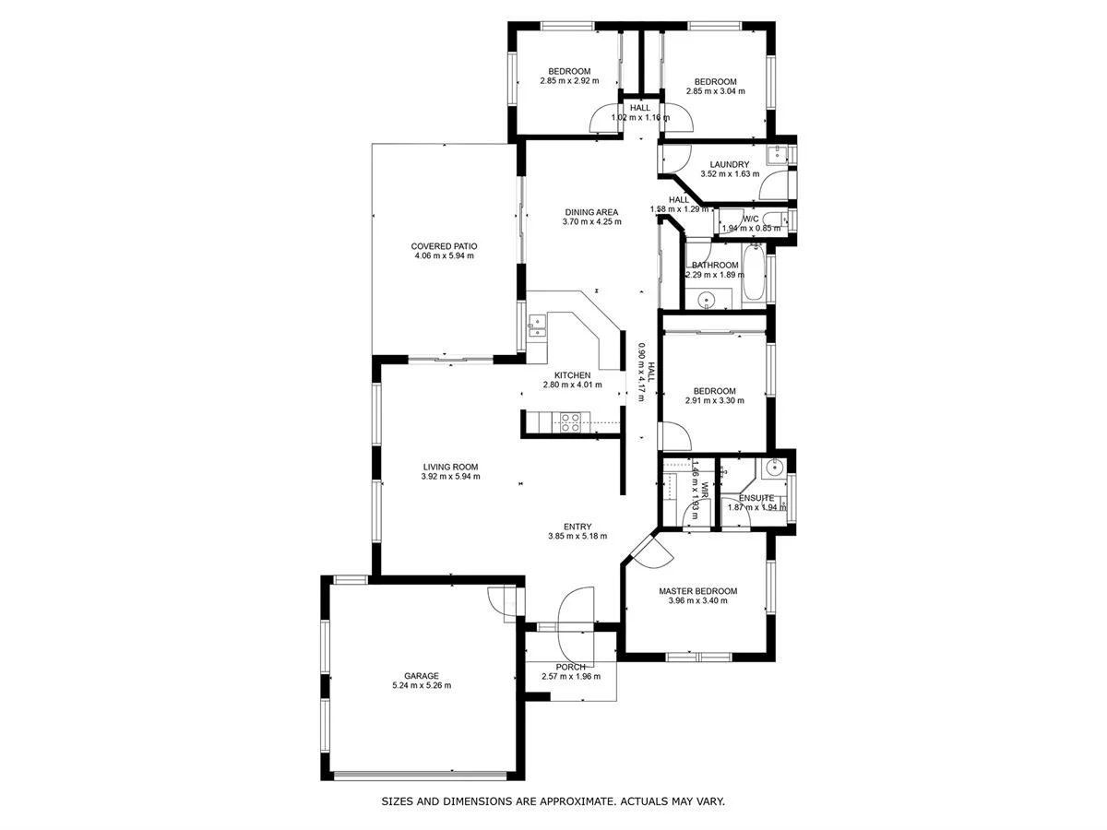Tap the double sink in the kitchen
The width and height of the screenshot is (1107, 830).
point(536,325)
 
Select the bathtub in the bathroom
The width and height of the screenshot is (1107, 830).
point(753,274)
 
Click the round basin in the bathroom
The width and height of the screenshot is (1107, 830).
point(707,298)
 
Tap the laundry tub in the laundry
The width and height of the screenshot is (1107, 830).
point(780,154)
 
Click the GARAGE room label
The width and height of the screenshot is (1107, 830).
point(421,675)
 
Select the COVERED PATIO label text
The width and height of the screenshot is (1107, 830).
point(444,246)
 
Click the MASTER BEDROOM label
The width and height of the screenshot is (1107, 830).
point(697,591)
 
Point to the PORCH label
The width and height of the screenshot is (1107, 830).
point(571,667)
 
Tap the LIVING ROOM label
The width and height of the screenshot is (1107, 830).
point(450,467)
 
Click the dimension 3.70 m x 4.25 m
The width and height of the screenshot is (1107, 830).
point(590,222)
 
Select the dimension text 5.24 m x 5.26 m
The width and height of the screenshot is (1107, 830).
point(421,685)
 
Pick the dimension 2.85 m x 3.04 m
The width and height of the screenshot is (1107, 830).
point(715,91)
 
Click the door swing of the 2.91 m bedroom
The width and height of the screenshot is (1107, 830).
point(673,435)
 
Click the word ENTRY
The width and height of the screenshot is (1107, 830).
point(577,527)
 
